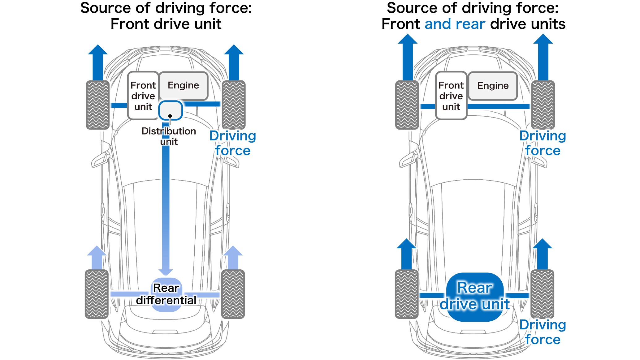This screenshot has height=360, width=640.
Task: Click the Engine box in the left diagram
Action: [183, 86]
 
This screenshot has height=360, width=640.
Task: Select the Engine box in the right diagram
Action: [493, 86]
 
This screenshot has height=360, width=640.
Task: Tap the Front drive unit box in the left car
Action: [143, 96]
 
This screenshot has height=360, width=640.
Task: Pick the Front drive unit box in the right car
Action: [451, 96]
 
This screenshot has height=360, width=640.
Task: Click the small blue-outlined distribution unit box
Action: [171, 110]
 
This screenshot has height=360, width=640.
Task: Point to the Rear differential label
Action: [166, 294]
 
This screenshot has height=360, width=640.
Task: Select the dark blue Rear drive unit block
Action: [475, 296]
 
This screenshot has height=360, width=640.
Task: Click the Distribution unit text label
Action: [169, 136]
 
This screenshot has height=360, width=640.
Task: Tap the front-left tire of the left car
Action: [98, 105]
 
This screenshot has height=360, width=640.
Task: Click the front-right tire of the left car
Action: [234, 105]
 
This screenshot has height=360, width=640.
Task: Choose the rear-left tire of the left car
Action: [97, 294]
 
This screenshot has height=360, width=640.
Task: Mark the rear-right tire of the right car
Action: [542, 294]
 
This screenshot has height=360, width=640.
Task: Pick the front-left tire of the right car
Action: [407, 105]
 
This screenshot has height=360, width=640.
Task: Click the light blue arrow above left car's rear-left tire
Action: [97, 257]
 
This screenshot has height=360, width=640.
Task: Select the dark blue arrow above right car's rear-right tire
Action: [543, 254]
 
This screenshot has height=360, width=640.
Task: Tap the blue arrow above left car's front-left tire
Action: [98, 62]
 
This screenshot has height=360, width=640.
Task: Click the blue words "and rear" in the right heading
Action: [455, 24]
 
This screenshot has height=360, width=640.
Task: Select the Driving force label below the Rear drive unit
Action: [543, 332]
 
